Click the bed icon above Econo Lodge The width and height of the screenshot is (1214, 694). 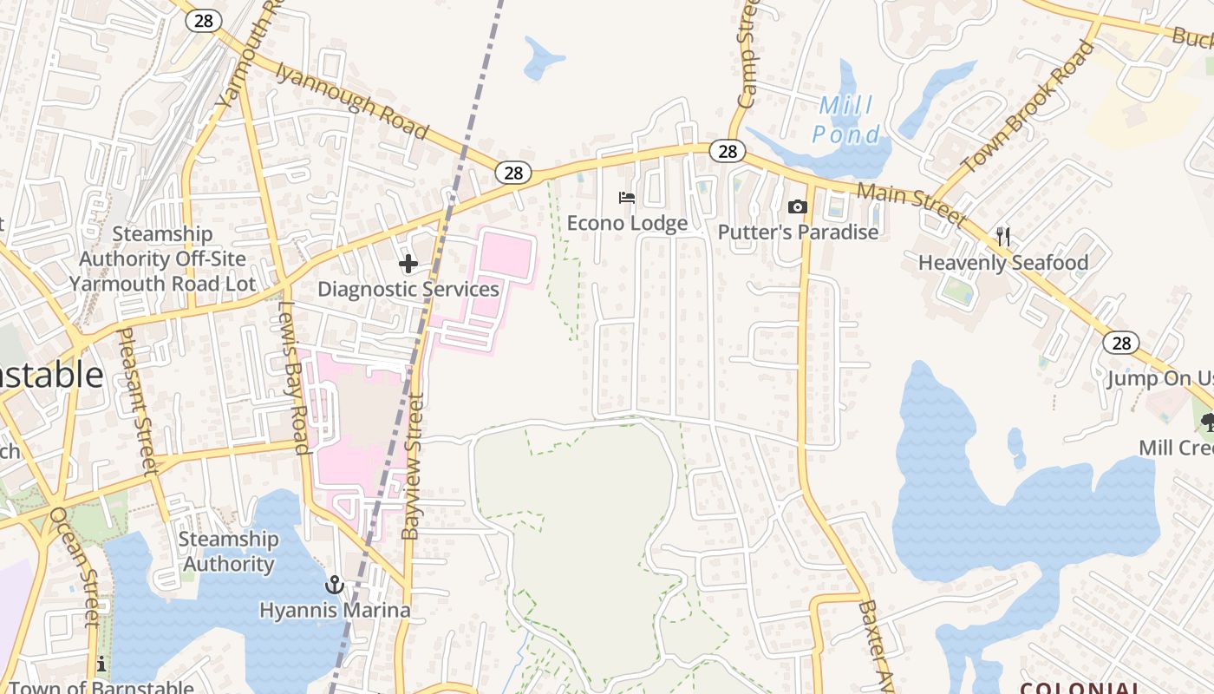626,198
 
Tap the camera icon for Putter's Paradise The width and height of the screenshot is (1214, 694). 797,206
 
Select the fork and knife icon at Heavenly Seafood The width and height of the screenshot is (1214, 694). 1003,236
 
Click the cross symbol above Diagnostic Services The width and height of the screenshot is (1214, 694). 408,264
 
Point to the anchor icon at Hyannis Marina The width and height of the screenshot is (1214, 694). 335,585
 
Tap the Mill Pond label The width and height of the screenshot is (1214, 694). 846,121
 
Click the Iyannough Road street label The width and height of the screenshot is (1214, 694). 352,101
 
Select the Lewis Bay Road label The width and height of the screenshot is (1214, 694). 294,378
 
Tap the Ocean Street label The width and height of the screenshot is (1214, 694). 75,566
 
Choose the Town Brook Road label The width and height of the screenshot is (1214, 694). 1028,106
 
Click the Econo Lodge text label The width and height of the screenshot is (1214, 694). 627,223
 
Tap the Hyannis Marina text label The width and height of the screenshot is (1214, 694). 335,610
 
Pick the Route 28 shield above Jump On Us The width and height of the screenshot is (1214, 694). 1121,343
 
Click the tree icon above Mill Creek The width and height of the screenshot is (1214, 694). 1206,422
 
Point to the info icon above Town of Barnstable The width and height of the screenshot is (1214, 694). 101,665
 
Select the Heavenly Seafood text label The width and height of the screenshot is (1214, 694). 1003,263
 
